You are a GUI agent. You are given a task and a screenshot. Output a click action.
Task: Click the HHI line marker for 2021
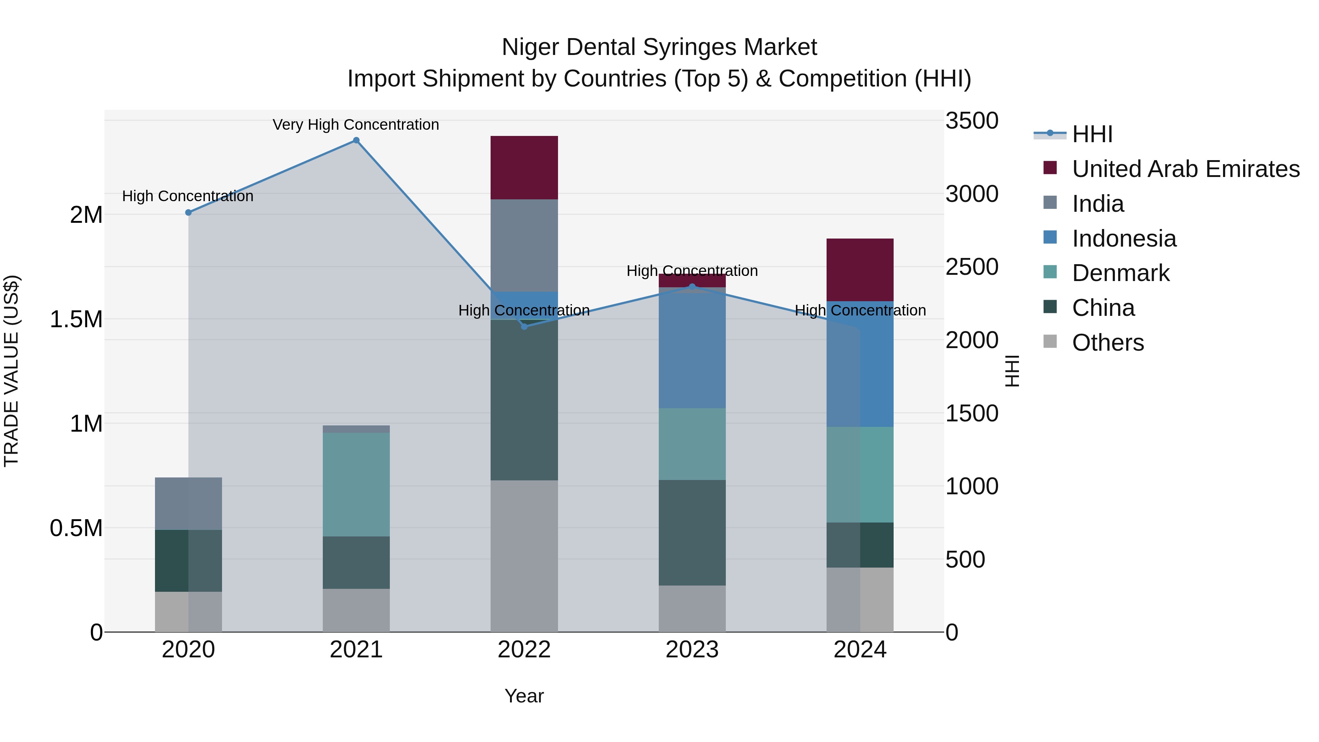356,140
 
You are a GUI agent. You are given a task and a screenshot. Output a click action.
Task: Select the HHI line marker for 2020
188,213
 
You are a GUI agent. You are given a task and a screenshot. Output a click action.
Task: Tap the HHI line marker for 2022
524,326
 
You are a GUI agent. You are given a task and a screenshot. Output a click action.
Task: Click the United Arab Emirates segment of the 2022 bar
524,167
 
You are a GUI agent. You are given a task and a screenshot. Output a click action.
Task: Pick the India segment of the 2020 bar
188,503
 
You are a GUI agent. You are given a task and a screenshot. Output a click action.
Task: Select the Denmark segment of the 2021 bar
356,484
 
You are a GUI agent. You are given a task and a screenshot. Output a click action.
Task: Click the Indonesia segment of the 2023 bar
692,348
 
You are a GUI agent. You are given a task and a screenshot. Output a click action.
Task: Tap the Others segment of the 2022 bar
524,555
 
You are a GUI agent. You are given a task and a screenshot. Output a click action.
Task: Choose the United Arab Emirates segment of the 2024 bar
860,270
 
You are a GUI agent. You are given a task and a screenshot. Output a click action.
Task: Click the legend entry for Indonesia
1124,239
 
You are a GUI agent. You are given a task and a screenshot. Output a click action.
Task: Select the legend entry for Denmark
1120,273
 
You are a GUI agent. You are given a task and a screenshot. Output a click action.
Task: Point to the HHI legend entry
1092,134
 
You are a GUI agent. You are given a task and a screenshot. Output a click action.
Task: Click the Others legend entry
1108,343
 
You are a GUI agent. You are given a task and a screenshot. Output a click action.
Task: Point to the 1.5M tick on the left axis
76,320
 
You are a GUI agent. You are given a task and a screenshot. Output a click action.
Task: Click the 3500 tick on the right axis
971,121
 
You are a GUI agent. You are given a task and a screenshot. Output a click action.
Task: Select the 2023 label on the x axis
692,650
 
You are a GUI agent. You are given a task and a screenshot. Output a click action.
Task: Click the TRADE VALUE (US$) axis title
11,371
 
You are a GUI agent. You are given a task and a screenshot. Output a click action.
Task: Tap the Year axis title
524,696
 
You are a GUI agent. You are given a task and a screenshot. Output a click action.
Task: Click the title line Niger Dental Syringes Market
659,47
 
